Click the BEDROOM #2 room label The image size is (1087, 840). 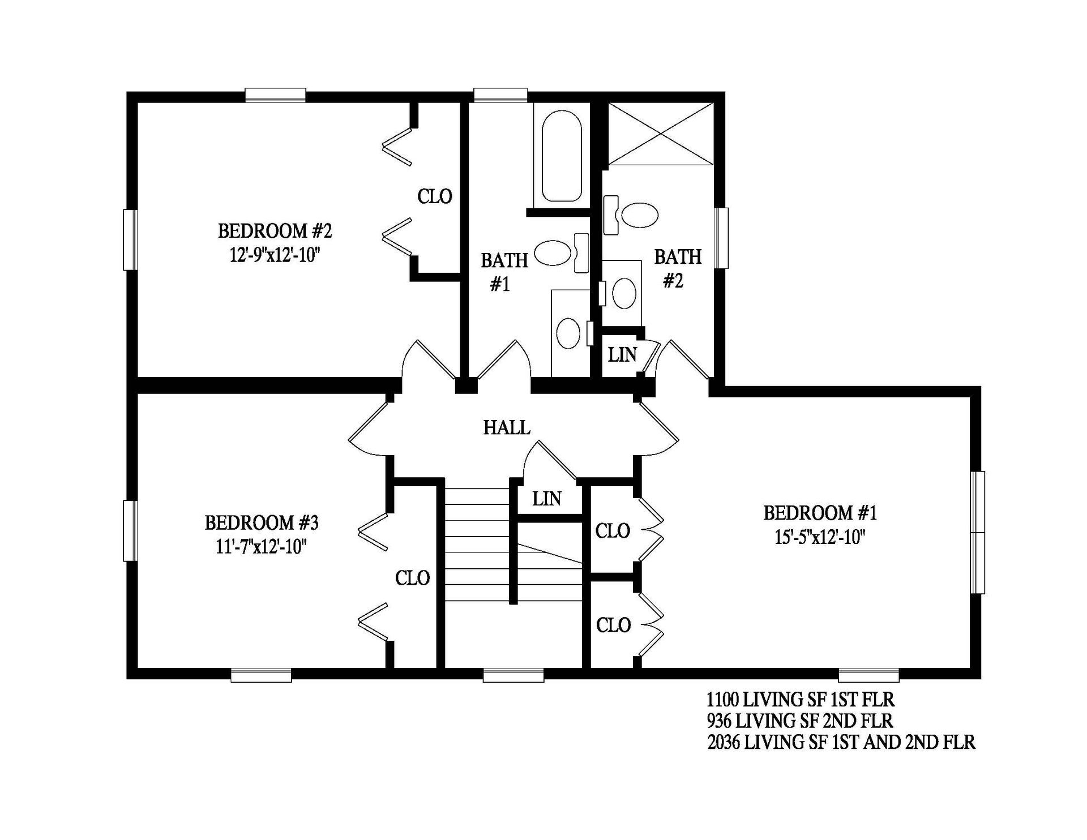275,231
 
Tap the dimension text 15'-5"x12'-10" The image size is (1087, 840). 820,537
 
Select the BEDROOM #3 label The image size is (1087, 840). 262,522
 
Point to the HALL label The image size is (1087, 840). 507,427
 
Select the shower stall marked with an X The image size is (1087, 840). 660,134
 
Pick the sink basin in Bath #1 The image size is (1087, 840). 568,333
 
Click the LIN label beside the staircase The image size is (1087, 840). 547,499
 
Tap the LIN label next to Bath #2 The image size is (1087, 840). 622,355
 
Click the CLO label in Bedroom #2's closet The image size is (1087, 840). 435,196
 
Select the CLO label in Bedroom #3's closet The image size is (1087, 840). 412,578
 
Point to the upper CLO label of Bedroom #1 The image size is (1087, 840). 613,531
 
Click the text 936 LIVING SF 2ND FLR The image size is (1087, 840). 800,721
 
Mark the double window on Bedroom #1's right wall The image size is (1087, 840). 978,532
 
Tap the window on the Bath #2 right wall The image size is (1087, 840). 721,238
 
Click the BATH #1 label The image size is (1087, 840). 504,272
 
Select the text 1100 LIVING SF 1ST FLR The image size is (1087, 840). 801,700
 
